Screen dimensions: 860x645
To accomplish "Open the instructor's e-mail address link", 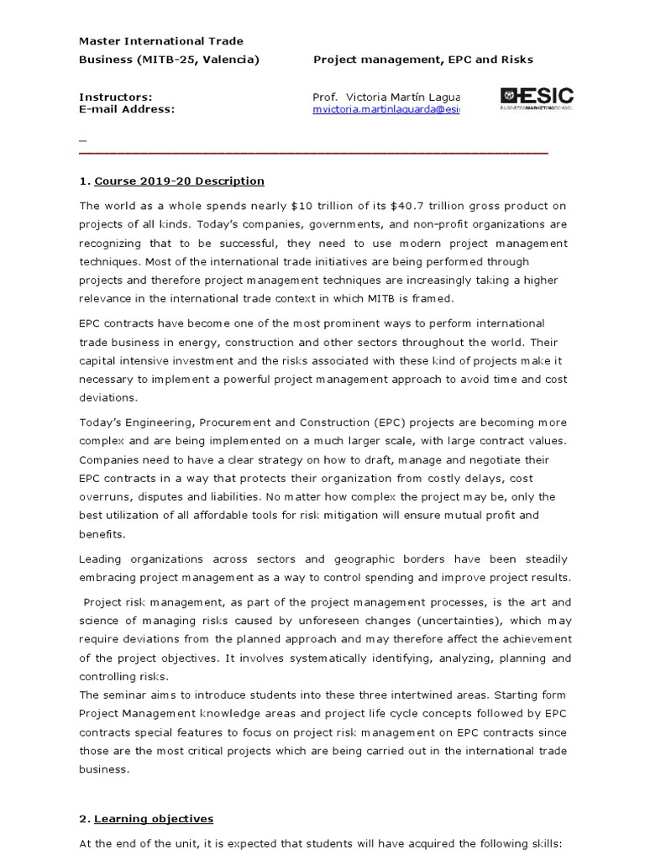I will pos(385,109).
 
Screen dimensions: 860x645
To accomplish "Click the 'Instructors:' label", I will pos(116,97).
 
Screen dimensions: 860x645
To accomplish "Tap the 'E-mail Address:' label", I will pos(127,109).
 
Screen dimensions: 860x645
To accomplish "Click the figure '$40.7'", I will pos(451,206).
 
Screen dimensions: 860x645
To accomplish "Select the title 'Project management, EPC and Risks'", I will pos(422,60).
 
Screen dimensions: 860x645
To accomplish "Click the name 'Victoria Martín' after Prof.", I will pos(381,97).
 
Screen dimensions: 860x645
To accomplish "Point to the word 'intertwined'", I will pos(408,695).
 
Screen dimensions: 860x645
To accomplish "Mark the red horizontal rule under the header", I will pos(313,153).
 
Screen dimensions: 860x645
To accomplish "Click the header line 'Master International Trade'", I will pos(161,40).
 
